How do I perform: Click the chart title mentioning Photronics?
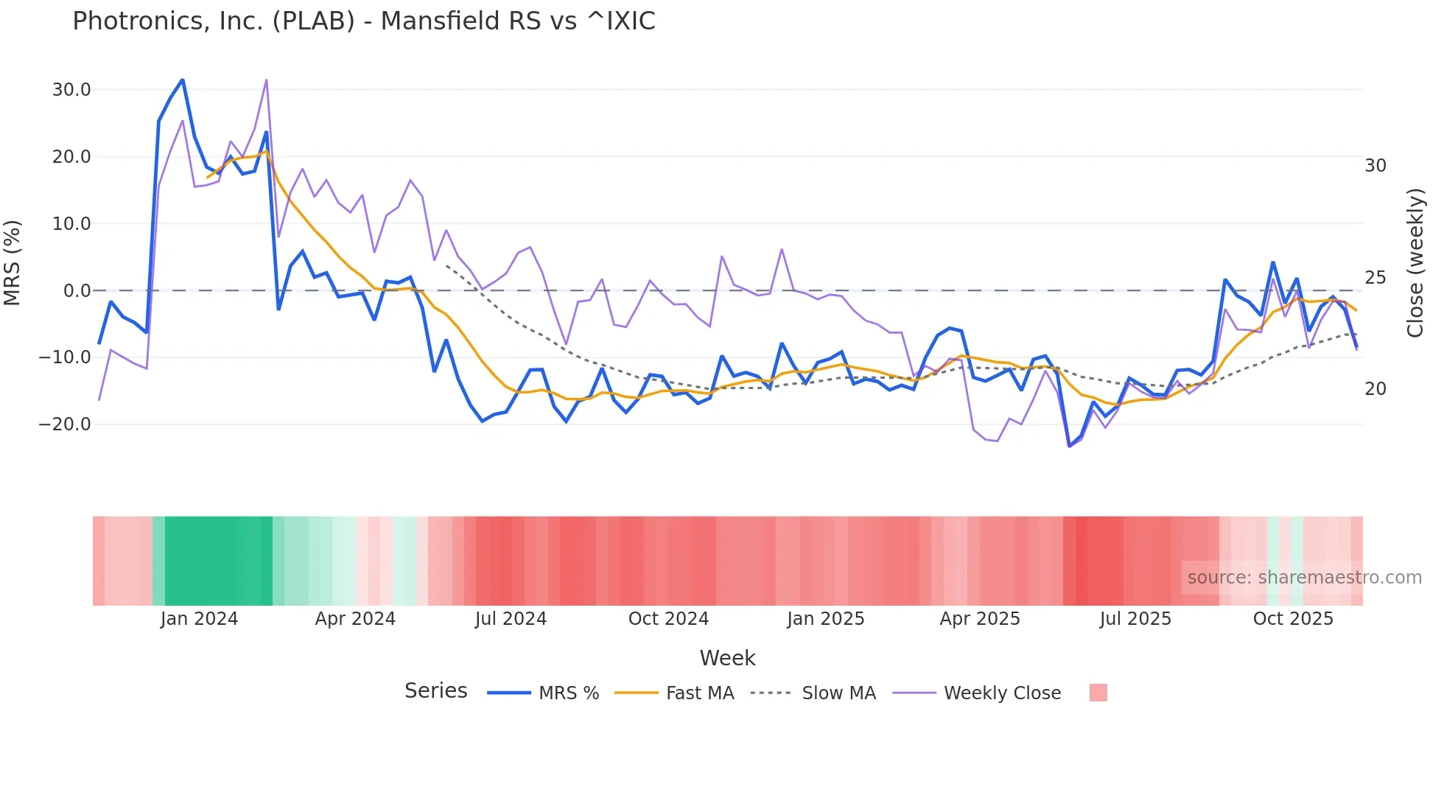click(363, 21)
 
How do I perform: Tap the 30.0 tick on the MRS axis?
click(71, 90)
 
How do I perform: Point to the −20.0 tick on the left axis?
click(65, 424)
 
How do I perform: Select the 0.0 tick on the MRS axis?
click(77, 291)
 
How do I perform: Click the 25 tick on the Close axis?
click(1375, 278)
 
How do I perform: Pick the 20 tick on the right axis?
click(1375, 389)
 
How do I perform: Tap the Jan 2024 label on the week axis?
click(199, 619)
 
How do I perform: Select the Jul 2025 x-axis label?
click(1135, 619)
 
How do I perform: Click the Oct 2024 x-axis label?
click(668, 619)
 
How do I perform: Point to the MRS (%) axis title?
click(13, 262)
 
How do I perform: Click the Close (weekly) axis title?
click(1415, 263)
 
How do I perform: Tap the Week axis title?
click(727, 658)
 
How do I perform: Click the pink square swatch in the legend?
click(1098, 693)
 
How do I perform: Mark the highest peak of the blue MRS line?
click(182, 80)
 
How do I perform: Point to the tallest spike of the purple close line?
click(266, 80)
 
